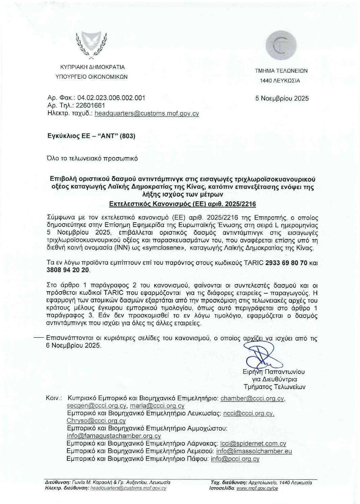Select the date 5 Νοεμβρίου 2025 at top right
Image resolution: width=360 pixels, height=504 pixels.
(x=282, y=99)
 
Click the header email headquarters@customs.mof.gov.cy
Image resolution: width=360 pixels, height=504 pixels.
(x=147, y=114)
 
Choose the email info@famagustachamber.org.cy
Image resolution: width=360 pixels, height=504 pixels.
(x=114, y=436)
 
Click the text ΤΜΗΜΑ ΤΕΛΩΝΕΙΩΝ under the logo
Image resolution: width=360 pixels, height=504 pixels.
(x=281, y=71)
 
